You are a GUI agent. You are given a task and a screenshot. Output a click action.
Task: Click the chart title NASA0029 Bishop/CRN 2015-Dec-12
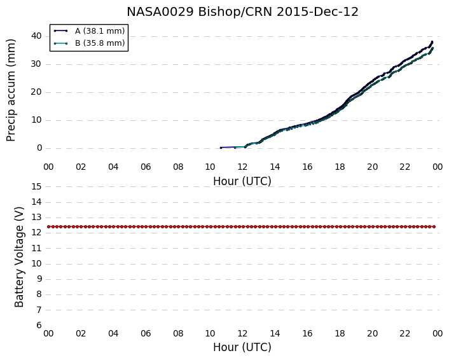tap(242, 12)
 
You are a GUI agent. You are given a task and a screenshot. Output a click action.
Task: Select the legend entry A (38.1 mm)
tap(100, 31)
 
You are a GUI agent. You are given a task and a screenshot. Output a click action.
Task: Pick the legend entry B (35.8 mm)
tap(100, 43)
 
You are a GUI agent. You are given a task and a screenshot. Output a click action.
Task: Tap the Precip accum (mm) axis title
tap(11, 90)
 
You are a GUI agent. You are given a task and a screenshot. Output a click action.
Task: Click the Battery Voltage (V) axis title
tap(19, 257)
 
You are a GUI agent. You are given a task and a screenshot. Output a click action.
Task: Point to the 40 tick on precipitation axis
tap(36, 36)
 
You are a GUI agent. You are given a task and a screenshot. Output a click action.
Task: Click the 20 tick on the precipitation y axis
tap(36, 92)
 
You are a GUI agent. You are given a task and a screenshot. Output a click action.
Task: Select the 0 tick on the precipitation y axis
tap(39, 148)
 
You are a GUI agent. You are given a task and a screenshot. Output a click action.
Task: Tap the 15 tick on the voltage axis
tap(36, 187)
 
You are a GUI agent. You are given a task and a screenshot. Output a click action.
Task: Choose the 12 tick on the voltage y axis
tap(36, 233)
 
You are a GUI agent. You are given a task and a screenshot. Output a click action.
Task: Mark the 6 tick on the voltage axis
tap(39, 326)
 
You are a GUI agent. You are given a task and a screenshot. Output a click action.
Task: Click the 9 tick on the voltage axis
tap(39, 279)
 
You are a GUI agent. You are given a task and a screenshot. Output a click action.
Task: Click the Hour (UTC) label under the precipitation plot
tap(242, 181)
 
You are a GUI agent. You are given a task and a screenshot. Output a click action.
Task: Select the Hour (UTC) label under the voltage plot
tap(242, 347)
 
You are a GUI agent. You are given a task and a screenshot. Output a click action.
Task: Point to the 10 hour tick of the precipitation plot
tap(210, 167)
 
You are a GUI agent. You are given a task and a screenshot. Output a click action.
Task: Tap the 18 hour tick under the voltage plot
tap(340, 334)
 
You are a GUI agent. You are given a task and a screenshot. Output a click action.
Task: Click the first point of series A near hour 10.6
tap(221, 148)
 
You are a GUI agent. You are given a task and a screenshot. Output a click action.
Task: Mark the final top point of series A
tap(432, 42)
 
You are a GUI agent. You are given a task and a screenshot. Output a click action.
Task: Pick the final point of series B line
tap(432, 48)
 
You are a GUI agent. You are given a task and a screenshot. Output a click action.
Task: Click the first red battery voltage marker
tap(49, 226)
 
